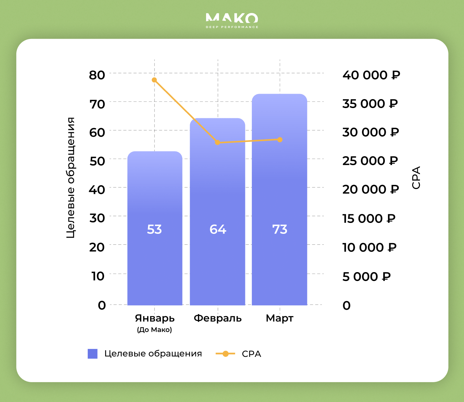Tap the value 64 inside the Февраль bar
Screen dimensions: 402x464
click(x=218, y=229)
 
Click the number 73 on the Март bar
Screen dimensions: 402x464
click(x=280, y=229)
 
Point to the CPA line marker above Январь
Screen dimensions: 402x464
click(x=154, y=80)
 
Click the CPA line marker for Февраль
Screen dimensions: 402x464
click(x=218, y=143)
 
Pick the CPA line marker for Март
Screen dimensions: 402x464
click(x=280, y=139)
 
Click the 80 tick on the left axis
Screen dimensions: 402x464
click(x=97, y=75)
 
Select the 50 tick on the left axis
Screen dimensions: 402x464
click(x=97, y=161)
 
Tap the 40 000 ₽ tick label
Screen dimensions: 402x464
click(x=371, y=75)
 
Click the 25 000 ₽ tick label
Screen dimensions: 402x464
click(x=370, y=161)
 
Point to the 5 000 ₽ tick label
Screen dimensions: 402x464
click(x=366, y=277)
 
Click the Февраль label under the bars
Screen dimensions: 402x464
click(x=218, y=318)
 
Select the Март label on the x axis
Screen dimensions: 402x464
click(x=279, y=318)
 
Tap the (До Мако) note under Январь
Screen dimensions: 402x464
click(x=155, y=330)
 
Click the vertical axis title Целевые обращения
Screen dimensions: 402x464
click(x=70, y=178)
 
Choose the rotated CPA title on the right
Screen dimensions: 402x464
click(x=416, y=178)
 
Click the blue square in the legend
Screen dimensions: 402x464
click(x=92, y=354)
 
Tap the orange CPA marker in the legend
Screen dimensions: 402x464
click(x=226, y=354)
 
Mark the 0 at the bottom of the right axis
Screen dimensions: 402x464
click(x=346, y=305)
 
